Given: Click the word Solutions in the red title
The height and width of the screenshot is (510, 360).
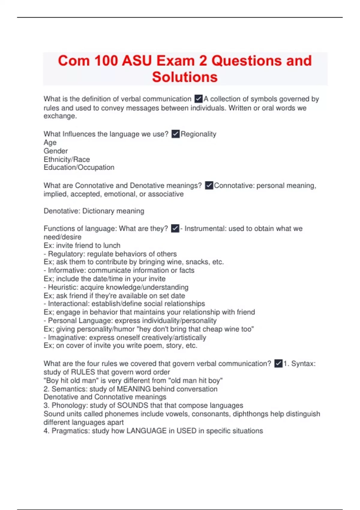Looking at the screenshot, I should click(184, 77).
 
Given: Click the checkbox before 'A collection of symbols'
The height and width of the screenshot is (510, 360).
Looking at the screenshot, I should click(198, 99).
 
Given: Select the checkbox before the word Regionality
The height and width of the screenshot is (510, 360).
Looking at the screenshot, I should click(175, 134).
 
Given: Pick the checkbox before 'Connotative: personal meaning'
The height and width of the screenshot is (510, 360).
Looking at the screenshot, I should click(209, 185).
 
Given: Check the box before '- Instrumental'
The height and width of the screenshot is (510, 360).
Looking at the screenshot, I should click(175, 229).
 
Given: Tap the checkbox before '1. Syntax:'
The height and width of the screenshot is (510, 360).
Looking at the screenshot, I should click(278, 363).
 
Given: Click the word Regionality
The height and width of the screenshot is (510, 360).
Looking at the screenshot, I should click(198, 134).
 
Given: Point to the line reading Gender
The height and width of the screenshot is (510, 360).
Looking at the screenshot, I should click(56, 151).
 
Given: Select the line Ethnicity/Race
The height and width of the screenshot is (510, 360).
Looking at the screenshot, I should click(67, 159).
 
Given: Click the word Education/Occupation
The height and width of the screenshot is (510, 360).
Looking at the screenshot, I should click(79, 167).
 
